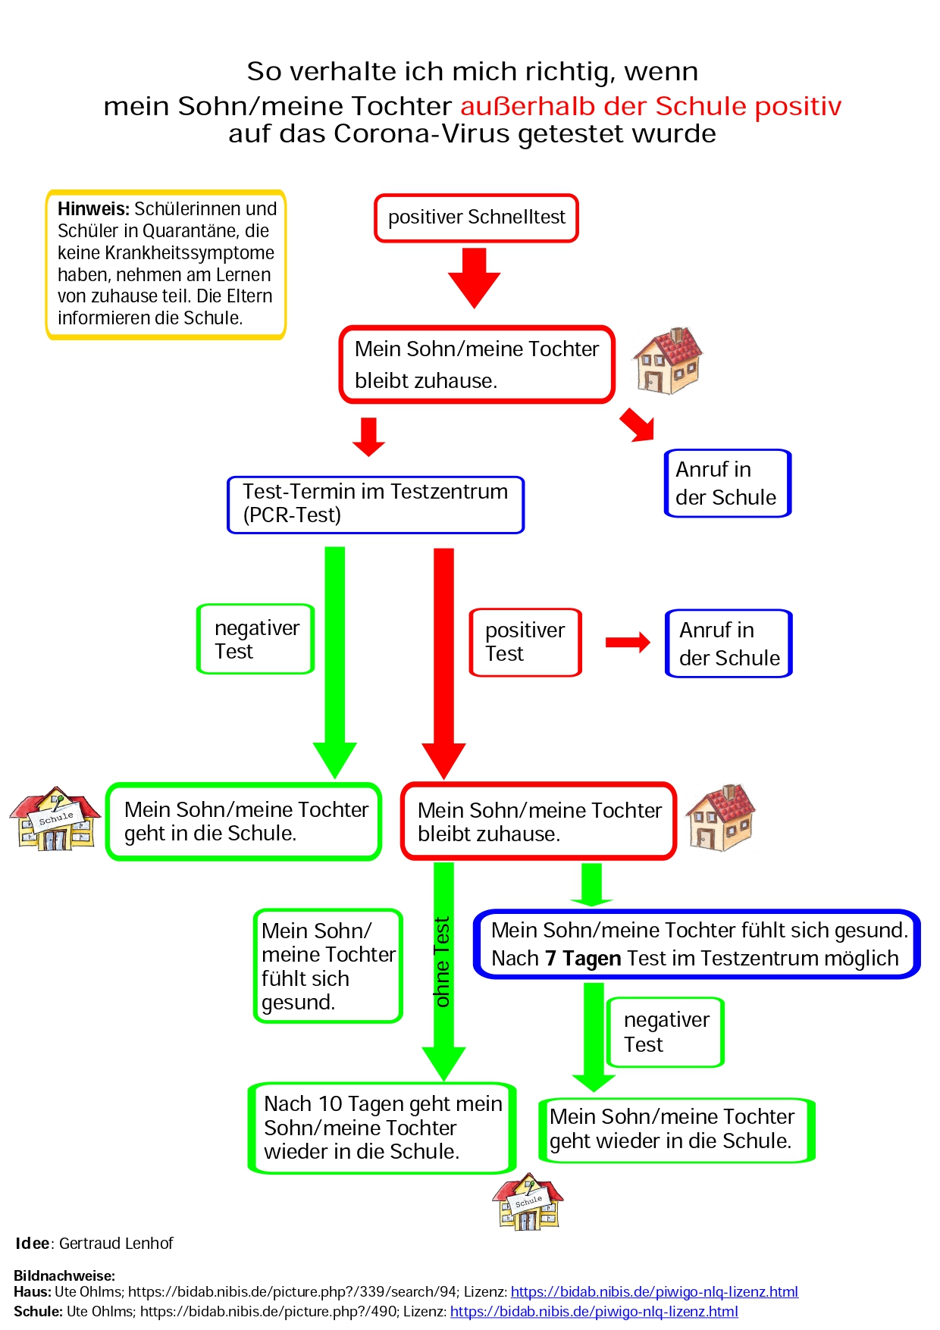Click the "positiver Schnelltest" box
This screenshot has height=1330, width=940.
(476, 217)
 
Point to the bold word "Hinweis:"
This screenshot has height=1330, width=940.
(93, 209)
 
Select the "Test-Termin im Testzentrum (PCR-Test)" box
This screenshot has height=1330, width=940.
(375, 504)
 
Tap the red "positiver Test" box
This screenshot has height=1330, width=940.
(525, 642)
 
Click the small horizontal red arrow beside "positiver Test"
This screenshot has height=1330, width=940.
(628, 643)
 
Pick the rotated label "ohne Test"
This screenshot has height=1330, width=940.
(442, 962)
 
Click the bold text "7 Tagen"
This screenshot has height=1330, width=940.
(582, 959)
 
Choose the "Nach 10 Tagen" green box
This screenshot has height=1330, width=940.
(382, 1128)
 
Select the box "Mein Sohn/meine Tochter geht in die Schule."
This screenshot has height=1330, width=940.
(243, 821)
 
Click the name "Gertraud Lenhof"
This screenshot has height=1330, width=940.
(116, 1244)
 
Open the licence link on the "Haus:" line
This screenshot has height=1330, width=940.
(654, 1291)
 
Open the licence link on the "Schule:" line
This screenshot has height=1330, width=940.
(594, 1311)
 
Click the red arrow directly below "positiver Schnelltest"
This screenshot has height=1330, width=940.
(475, 277)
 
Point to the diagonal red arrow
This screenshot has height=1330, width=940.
(637, 424)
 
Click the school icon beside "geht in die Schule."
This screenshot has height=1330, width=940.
(55, 818)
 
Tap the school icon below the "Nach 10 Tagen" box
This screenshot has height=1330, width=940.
(528, 1202)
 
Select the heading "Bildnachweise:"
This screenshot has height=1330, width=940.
(64, 1275)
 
